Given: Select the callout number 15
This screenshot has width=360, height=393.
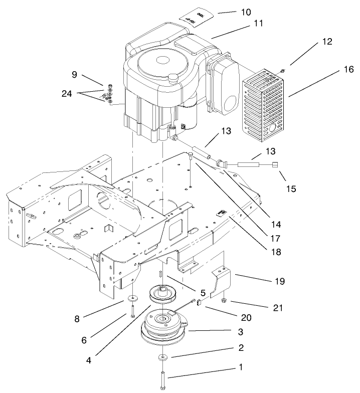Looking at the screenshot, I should pos(291,189).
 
